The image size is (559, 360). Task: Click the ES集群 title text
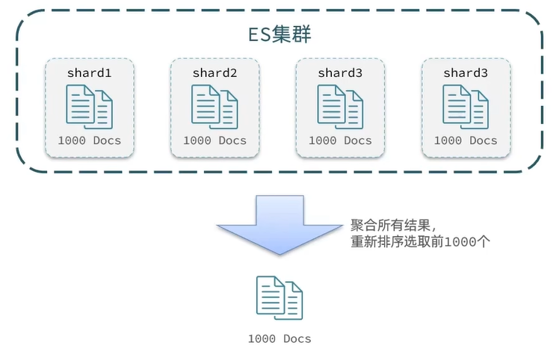tap(279, 34)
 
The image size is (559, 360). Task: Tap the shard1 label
tap(89, 73)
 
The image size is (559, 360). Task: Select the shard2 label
tap(214, 73)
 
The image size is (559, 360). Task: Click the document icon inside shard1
tap(89, 106)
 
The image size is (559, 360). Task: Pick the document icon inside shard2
tap(214, 106)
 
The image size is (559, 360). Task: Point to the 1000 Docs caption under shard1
tap(89, 140)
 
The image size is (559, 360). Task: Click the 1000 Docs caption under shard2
tap(214, 140)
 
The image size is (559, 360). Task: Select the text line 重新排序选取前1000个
tap(420, 242)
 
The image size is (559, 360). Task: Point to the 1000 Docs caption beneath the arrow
tap(279, 338)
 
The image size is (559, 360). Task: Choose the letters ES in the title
tap(259, 34)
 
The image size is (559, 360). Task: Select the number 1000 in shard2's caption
tap(197, 140)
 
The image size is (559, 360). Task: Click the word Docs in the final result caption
tap(297, 338)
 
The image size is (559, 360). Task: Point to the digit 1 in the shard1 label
tap(108, 73)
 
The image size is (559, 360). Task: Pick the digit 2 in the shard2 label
tap(234, 73)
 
